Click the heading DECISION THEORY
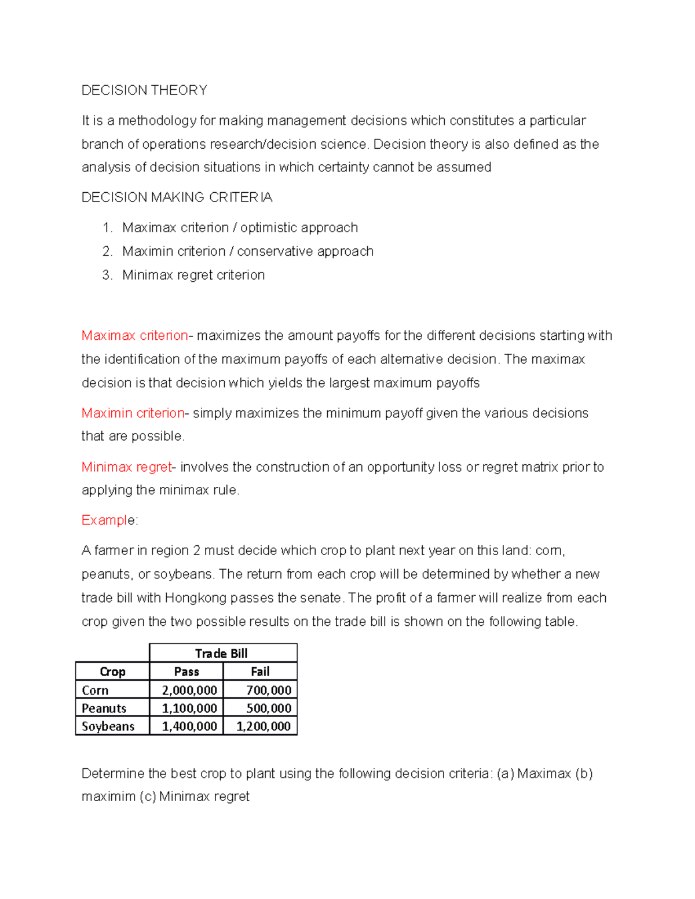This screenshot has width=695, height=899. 144,90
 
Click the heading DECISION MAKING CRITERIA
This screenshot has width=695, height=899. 177,197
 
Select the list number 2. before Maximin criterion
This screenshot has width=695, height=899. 107,251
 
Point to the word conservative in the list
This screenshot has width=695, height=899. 272,251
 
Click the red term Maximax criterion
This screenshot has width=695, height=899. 134,336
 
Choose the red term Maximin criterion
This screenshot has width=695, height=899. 133,413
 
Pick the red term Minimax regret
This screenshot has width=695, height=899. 127,467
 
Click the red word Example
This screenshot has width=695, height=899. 108,520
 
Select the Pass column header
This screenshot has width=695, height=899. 186,672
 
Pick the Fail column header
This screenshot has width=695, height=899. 260,672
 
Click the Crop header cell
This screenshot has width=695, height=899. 112,672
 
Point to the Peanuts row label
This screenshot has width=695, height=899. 104,708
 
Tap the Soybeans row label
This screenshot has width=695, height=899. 108,726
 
